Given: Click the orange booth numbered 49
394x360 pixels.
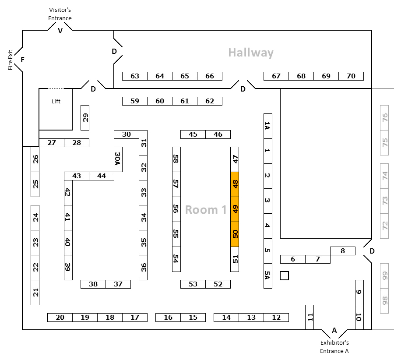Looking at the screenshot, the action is point(235,209).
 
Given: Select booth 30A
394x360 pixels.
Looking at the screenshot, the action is point(118,159).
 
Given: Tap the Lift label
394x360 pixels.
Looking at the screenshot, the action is point(56,101).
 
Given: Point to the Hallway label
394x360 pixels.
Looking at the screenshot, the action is point(251,53).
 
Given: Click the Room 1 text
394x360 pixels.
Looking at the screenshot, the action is point(206,210).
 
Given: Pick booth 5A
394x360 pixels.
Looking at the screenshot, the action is point(268,276).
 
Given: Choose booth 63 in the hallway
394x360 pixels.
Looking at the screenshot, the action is point(135,76).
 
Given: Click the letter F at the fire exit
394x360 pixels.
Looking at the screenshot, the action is point(23,60).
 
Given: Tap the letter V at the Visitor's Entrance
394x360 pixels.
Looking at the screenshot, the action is point(60,31).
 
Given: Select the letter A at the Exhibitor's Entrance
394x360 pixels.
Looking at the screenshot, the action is point(334,330).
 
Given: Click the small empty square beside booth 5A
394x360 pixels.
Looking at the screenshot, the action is point(284,276).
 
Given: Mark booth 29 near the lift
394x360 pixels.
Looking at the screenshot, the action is point(85,118).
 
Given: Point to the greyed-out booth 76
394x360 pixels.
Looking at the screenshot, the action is point(384,118).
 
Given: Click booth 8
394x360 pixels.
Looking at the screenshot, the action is point(343,251).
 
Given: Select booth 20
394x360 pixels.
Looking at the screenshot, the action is point(60,318).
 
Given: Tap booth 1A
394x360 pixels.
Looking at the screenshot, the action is point(268,126).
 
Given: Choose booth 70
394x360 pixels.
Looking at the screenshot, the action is point(351,76).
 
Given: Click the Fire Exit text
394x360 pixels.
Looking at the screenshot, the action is point(11,60).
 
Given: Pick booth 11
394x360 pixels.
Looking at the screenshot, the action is point(310,317).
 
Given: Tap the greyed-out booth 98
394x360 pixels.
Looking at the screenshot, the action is point(384,301).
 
